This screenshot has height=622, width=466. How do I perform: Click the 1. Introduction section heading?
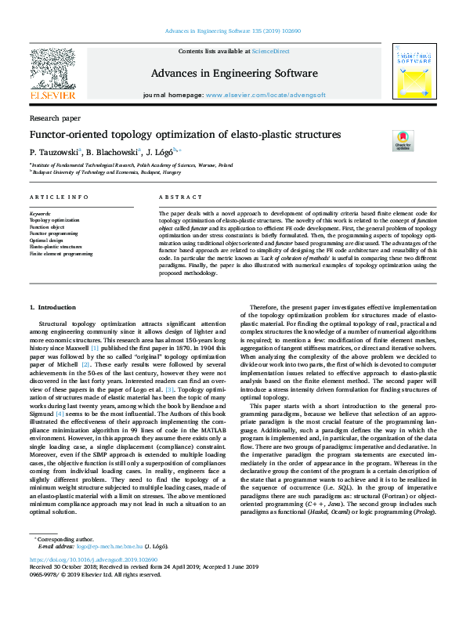(x=53, y=307)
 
